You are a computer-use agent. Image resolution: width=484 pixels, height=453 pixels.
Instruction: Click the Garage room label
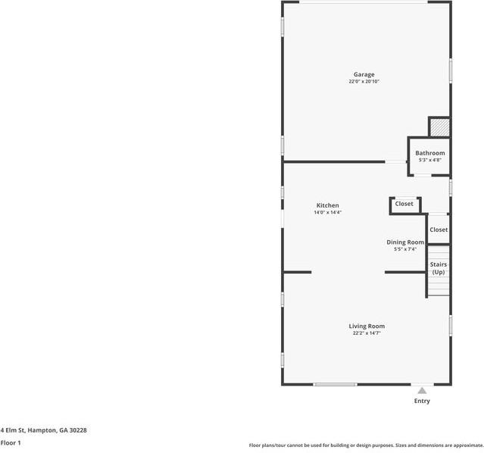(x=364, y=74)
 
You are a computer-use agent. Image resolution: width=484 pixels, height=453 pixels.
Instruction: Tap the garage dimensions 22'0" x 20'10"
(x=364, y=81)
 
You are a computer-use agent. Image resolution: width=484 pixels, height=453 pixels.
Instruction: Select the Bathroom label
(x=429, y=153)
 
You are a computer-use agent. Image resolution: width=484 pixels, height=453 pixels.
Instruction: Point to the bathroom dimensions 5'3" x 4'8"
(x=429, y=160)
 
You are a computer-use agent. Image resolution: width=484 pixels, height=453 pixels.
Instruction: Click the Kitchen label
(x=327, y=205)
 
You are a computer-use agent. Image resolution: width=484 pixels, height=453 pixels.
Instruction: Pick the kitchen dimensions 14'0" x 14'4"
(x=327, y=212)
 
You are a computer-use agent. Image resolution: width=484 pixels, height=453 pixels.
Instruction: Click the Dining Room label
(x=405, y=242)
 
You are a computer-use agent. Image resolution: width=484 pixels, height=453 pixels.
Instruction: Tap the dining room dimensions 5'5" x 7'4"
(x=405, y=249)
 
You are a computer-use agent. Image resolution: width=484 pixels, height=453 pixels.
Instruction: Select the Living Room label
(x=367, y=326)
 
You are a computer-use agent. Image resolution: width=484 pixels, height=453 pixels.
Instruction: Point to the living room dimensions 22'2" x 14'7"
(x=367, y=333)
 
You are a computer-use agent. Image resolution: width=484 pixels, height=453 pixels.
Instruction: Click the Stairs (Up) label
(x=439, y=268)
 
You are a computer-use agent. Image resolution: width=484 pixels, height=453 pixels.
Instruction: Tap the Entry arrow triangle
(x=422, y=391)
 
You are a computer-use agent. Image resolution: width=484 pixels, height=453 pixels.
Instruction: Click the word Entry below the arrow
(x=422, y=401)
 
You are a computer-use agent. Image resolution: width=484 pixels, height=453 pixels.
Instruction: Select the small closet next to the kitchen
(x=404, y=204)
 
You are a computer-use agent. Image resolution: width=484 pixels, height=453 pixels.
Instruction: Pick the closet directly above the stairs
(x=439, y=230)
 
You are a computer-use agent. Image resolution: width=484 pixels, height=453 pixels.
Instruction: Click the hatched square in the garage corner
(x=439, y=127)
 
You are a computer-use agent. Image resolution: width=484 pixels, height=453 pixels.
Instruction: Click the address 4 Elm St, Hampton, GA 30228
(x=43, y=430)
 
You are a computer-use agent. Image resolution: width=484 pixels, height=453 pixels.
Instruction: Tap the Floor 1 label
(x=11, y=442)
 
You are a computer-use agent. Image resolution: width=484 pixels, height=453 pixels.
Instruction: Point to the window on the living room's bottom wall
(x=335, y=384)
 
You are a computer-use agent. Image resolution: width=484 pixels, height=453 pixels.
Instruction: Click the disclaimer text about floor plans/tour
(x=366, y=445)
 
